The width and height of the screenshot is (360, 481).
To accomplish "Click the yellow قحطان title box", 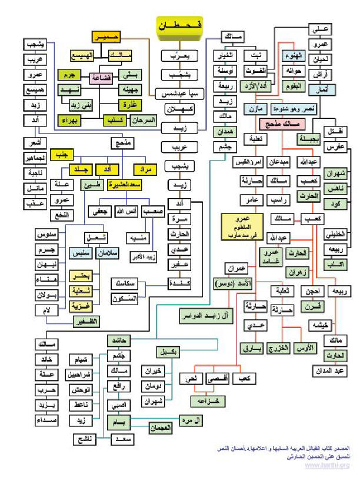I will coord(179,26).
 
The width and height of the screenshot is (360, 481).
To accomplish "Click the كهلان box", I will coord(179,111).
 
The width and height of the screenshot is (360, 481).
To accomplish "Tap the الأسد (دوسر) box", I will coord(229,285).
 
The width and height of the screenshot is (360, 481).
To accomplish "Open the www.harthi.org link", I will coord(326,465).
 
